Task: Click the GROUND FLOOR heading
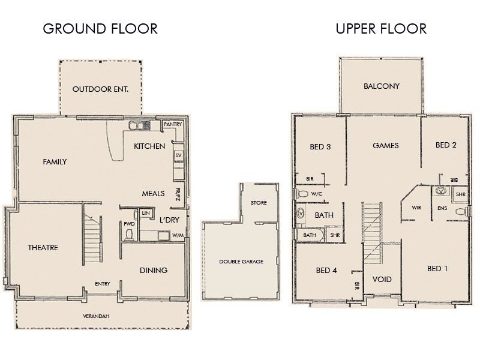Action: point(100,29)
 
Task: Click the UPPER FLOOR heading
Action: point(381,29)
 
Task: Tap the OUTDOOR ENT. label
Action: point(101,89)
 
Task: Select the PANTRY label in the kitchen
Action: point(173,124)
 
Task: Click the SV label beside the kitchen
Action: point(178,155)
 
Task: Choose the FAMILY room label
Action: point(55,162)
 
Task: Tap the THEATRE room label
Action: point(43,247)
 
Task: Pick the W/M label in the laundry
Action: point(178,235)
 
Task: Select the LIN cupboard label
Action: point(145,213)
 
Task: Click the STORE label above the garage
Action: point(259,203)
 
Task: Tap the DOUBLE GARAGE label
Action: point(241,262)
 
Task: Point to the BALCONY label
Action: point(382,86)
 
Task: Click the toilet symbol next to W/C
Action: point(304,194)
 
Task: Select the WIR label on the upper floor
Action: point(416,208)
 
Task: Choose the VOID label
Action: point(382,280)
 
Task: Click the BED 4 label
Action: point(326,271)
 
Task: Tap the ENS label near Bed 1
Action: point(442,209)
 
